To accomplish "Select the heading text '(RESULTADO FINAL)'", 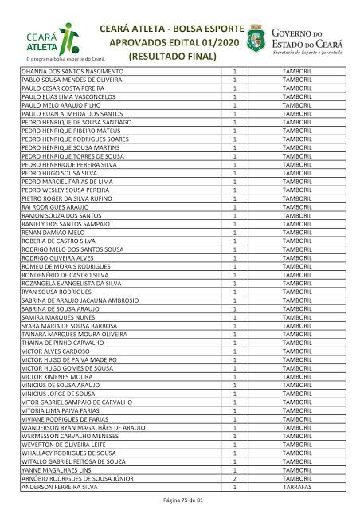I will [172, 57].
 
